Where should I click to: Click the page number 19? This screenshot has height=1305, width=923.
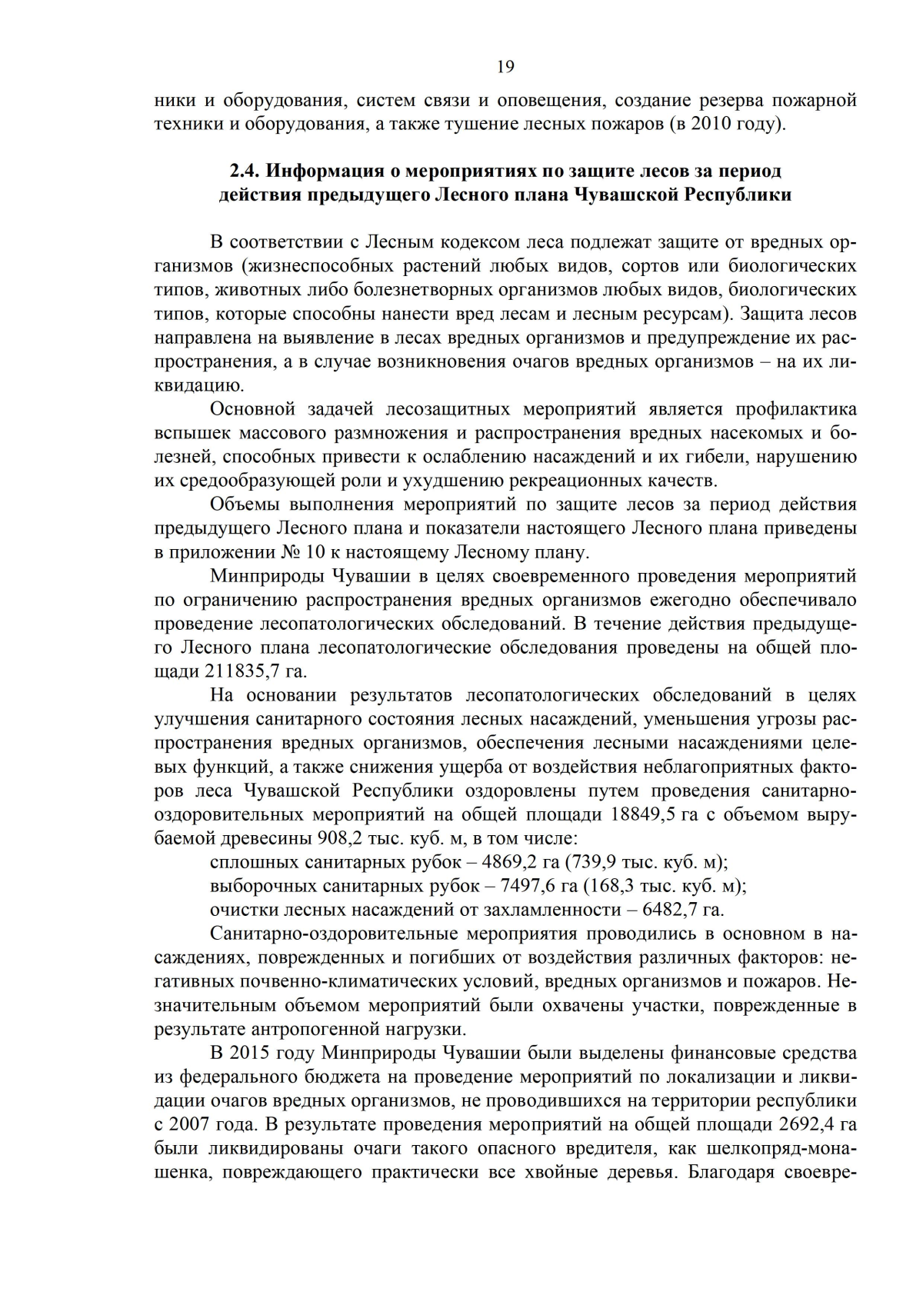click(505, 66)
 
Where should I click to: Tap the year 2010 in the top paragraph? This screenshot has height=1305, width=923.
click(711, 123)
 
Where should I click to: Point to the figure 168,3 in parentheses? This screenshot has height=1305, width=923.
click(615, 885)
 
